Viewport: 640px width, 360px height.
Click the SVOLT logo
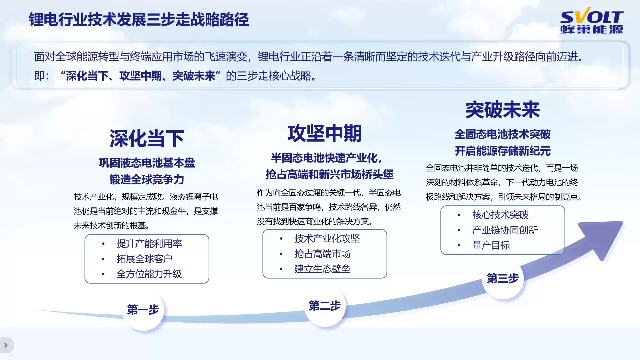pos(592,22)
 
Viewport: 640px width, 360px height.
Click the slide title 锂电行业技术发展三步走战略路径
pos(139,20)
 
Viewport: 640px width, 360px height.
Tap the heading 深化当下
pos(147,138)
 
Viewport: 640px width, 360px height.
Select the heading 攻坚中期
pos(324,133)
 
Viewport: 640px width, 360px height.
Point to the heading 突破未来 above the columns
pos(502,110)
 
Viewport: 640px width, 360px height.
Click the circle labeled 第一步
pos(143,310)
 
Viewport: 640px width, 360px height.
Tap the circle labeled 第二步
pos(324,306)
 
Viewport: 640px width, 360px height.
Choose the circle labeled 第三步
pos(502,278)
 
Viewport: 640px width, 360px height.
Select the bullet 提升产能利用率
pos(149,244)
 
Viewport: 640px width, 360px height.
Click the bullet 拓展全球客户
pos(144,259)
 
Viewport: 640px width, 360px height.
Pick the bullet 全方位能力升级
pos(149,274)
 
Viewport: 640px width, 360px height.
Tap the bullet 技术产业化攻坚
pos(327,239)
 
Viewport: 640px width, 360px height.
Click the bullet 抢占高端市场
pos(322,254)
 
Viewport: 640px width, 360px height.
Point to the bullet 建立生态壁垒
pos(322,269)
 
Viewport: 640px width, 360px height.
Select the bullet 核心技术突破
pos(500,215)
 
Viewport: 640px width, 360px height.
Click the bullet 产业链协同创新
pos(505,230)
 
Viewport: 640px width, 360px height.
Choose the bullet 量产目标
pos(491,245)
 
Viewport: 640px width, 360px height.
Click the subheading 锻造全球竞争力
pos(147,180)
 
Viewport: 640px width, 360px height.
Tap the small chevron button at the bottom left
pos(6,345)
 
